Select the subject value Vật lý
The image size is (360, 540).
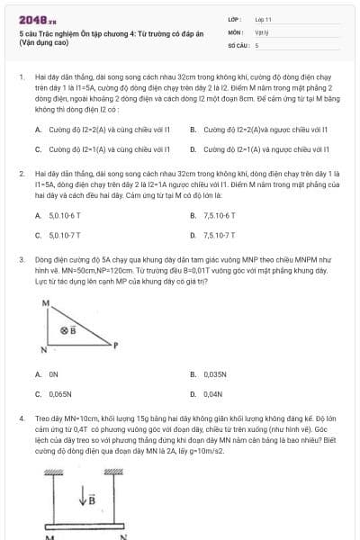tap(262, 31)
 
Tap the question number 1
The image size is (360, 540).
tap(21, 79)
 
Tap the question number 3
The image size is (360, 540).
tap(21, 258)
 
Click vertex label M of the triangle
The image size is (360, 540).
tap(45, 304)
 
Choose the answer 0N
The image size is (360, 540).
tap(53, 373)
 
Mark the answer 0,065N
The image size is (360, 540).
tap(59, 393)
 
